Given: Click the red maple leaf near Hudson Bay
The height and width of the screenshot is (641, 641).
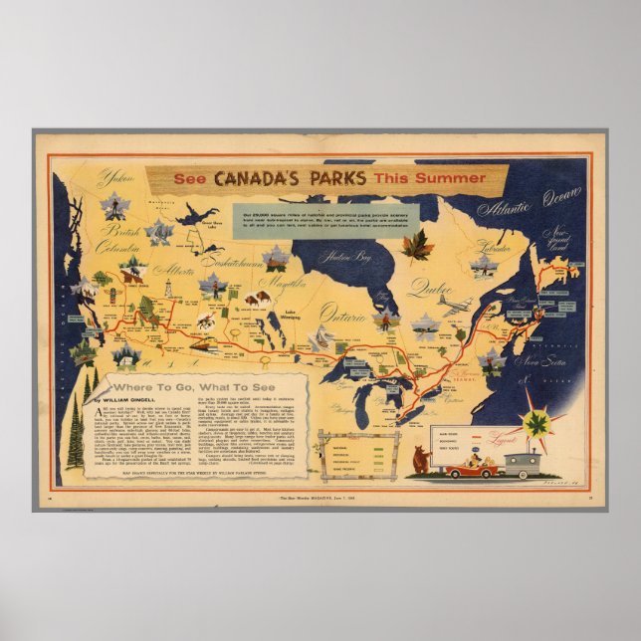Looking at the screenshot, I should pos(416,245).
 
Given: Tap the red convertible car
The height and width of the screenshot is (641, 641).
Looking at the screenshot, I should pos(471,466).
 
